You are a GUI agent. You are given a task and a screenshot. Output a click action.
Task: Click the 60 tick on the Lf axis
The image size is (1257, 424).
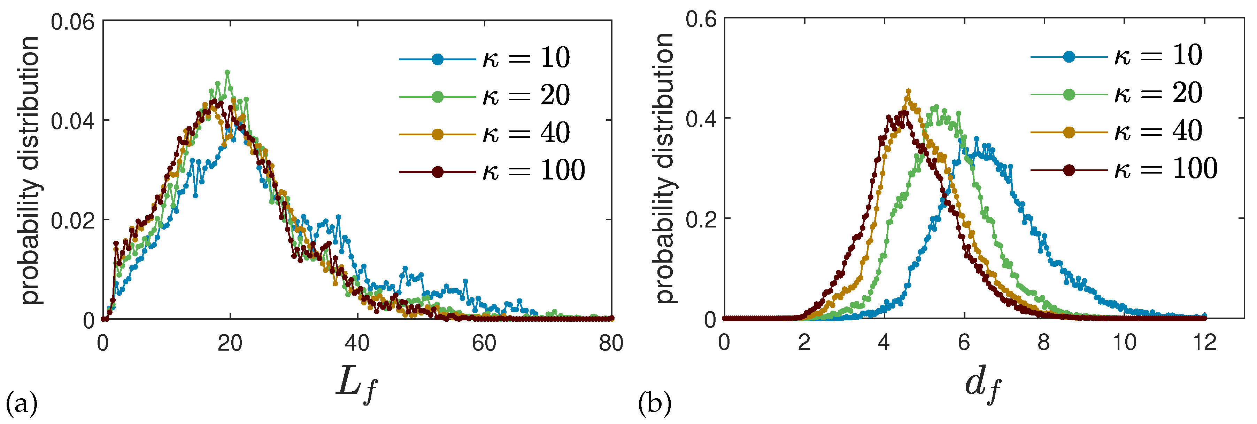pyautogui.click(x=484, y=344)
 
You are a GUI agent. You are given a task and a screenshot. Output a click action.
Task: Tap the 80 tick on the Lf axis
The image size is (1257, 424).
pyautogui.click(x=611, y=344)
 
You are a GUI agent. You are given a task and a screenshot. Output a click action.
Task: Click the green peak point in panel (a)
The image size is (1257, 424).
pyautogui.click(x=227, y=72)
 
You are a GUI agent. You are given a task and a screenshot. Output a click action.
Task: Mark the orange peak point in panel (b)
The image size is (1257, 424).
pyautogui.click(x=908, y=91)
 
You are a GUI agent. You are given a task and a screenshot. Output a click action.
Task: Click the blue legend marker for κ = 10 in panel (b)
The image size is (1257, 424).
pyautogui.click(x=1069, y=57)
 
